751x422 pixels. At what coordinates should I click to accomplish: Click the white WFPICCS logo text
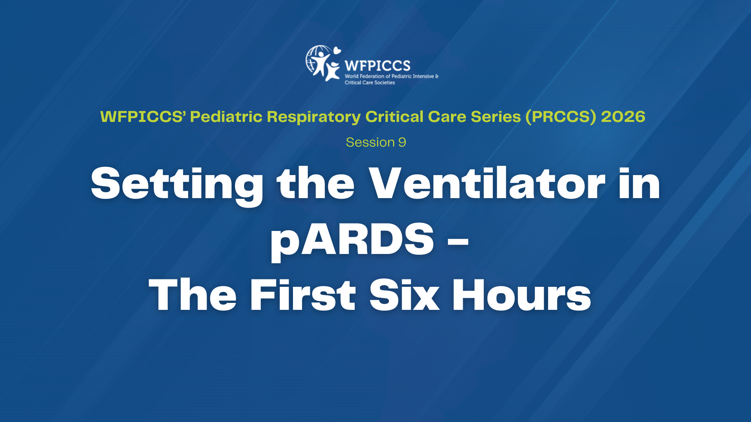coord(377,66)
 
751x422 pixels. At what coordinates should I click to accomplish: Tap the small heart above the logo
coord(336,50)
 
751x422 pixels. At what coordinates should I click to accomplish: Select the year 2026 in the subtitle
coord(623,116)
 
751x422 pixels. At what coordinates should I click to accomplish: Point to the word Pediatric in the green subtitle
coord(226,116)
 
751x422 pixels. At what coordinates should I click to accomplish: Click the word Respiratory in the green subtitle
coord(314,117)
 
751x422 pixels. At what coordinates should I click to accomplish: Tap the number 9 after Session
coord(402,142)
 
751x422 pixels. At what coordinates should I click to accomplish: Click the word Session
coord(370,142)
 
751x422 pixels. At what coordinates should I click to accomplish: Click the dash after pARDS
coord(458,241)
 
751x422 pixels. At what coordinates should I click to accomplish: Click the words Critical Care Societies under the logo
coord(370,82)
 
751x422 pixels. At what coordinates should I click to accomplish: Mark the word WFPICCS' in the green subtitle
coord(143,116)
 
